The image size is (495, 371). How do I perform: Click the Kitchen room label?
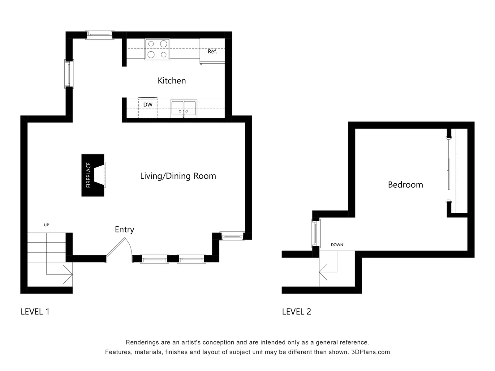click(x=172, y=81)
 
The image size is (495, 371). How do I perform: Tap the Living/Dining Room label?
click(x=178, y=176)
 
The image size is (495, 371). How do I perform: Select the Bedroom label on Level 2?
click(x=405, y=185)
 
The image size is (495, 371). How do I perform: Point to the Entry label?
click(x=124, y=229)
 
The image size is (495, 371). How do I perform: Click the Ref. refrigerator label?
click(x=212, y=52)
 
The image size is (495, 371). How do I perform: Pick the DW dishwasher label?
click(x=148, y=104)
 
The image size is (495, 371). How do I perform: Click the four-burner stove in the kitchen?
click(x=157, y=49)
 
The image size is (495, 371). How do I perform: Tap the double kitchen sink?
click(x=183, y=109)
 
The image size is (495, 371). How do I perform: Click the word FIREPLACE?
click(x=88, y=175)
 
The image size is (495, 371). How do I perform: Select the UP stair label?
click(x=46, y=225)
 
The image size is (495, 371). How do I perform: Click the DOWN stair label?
click(x=337, y=245)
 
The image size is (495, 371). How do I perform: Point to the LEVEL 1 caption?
click(x=35, y=312)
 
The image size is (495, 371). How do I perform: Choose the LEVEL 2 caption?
click(x=296, y=312)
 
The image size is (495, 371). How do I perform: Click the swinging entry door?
click(x=116, y=247)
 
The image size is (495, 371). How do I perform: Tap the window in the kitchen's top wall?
click(x=99, y=35)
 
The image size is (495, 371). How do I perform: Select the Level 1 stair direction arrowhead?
click(x=68, y=274)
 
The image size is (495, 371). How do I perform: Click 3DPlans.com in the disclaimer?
click(x=371, y=352)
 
